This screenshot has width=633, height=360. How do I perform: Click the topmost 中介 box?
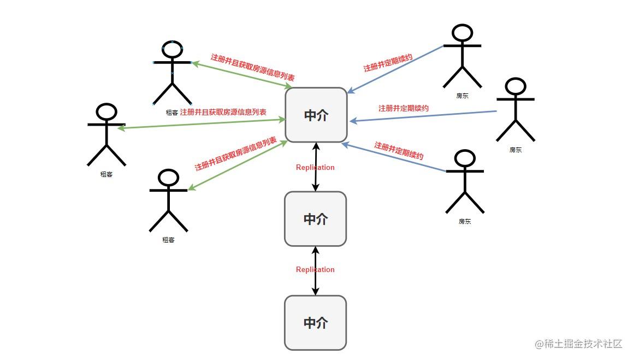[x=316, y=115]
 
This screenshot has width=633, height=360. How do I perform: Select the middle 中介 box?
[x=315, y=219]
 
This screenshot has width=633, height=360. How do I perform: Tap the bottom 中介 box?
[x=315, y=322]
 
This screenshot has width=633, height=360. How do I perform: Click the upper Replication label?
[x=315, y=167]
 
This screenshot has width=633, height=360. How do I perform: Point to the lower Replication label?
[x=315, y=269]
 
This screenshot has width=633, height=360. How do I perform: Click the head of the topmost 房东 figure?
[x=462, y=33]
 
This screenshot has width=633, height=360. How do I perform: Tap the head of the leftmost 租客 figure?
[x=107, y=112]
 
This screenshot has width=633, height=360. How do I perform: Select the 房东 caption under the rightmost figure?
[x=516, y=150]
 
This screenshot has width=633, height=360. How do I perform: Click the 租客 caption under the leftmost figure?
[x=107, y=174]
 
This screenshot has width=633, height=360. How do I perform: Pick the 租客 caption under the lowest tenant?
[x=168, y=240]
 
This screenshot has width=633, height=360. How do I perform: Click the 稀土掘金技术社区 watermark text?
[x=583, y=344]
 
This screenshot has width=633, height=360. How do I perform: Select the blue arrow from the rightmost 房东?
[x=423, y=116]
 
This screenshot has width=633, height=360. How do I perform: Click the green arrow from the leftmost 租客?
[x=201, y=123]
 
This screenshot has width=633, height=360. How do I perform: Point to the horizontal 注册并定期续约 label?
[x=403, y=108]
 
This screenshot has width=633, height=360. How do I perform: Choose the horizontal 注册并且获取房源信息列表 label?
[x=223, y=112]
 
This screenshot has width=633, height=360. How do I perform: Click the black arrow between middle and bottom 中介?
[x=316, y=271]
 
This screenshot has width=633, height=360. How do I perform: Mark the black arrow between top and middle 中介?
[x=316, y=167]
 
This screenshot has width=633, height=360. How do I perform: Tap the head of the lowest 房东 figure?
[x=465, y=158]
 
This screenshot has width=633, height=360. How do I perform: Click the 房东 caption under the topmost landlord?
[x=462, y=96]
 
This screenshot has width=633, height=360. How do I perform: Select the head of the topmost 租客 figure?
[x=173, y=49]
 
